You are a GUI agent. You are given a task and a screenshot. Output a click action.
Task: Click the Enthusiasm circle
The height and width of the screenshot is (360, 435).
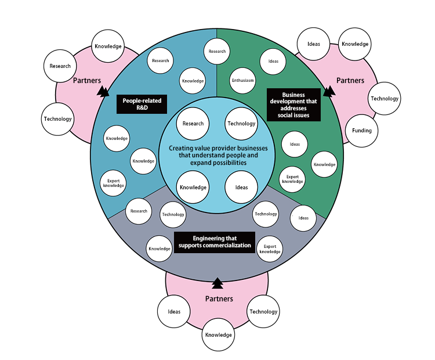[x=243, y=81]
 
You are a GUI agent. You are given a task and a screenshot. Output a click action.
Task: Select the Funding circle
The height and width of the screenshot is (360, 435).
[x=361, y=131]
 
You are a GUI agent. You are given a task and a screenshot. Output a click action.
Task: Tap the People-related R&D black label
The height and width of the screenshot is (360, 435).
[x=142, y=105]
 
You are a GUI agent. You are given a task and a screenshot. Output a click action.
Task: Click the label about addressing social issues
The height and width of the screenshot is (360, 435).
[x=293, y=105]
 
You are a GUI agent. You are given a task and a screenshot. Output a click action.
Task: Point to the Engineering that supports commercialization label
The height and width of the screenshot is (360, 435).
[x=215, y=242]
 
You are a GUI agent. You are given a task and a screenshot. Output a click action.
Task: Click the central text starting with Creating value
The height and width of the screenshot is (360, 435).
[x=217, y=156]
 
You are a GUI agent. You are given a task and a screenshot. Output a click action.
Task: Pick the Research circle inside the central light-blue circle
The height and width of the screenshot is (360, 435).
[x=193, y=123]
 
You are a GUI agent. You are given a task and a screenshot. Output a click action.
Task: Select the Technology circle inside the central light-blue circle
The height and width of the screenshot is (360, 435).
[x=241, y=123]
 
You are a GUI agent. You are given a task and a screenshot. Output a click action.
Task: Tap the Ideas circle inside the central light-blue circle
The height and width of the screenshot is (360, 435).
[x=241, y=187]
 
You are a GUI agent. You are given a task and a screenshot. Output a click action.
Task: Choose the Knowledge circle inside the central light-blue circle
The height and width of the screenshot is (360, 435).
[x=193, y=187]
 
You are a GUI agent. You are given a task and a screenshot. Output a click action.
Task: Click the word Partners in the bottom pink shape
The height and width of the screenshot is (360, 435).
[x=219, y=298]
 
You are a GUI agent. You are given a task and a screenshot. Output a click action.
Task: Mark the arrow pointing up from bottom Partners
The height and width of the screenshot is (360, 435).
[x=217, y=283]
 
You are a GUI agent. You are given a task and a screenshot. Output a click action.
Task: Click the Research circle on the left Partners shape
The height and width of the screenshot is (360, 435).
[x=60, y=66]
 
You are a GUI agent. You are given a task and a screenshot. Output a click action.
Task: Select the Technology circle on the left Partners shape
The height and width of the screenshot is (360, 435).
[x=58, y=119]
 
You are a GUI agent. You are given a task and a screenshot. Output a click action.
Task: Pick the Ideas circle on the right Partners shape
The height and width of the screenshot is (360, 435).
[x=314, y=44]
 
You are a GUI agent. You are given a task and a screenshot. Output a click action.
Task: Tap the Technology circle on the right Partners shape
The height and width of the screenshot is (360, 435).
[x=385, y=98]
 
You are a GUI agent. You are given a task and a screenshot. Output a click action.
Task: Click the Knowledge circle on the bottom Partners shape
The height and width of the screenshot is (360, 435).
[x=218, y=334]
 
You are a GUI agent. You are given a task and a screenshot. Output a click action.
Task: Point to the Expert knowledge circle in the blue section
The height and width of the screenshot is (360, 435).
[x=114, y=183]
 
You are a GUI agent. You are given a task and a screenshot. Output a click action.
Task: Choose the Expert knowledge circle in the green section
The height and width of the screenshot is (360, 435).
[x=292, y=179]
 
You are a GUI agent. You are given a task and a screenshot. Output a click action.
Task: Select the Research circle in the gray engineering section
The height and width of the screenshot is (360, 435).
[x=139, y=211]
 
